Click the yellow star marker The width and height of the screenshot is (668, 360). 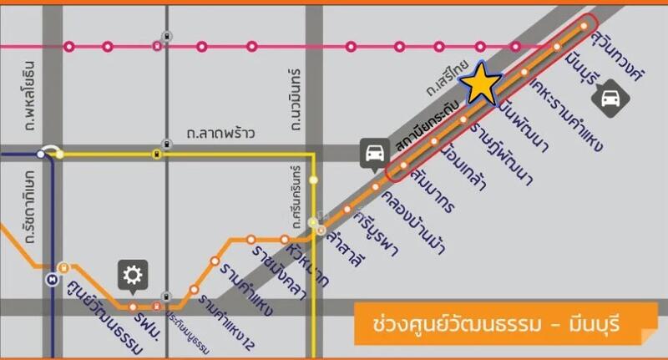[x=483, y=84]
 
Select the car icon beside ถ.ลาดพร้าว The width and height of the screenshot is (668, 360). [x=373, y=153]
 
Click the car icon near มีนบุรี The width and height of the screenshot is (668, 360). [x=607, y=98]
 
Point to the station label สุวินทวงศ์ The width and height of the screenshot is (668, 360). [x=617, y=60]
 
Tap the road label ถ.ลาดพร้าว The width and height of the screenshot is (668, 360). [x=220, y=133]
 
